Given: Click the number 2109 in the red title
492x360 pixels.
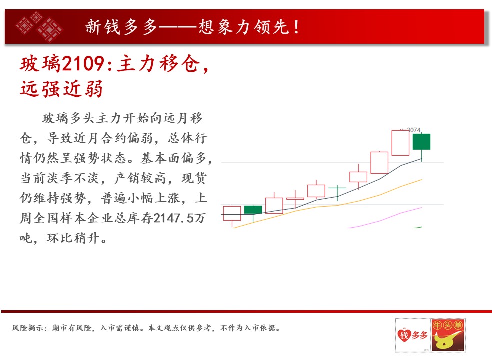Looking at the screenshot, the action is click(83, 64).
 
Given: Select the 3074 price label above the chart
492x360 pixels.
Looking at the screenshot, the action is click(413, 130).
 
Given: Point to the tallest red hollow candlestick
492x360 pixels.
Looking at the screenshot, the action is click(400, 143).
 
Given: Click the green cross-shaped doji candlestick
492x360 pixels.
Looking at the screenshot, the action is click(337, 192).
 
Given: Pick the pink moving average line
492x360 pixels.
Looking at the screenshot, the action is click(385, 218).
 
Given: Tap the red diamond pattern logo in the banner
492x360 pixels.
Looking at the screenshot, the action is click(39, 27).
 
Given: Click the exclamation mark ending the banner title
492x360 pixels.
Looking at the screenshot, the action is click(296, 27).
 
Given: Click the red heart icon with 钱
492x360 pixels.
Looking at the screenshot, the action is click(404, 335).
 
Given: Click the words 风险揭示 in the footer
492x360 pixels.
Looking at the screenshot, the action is click(28, 328).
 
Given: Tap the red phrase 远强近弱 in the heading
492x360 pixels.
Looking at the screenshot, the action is click(61, 89).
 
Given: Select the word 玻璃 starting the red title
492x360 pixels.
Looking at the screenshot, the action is click(40, 64).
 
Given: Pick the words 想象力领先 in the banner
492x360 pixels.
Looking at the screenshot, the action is click(244, 27).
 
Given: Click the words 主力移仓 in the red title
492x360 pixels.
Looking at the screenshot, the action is click(158, 64).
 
